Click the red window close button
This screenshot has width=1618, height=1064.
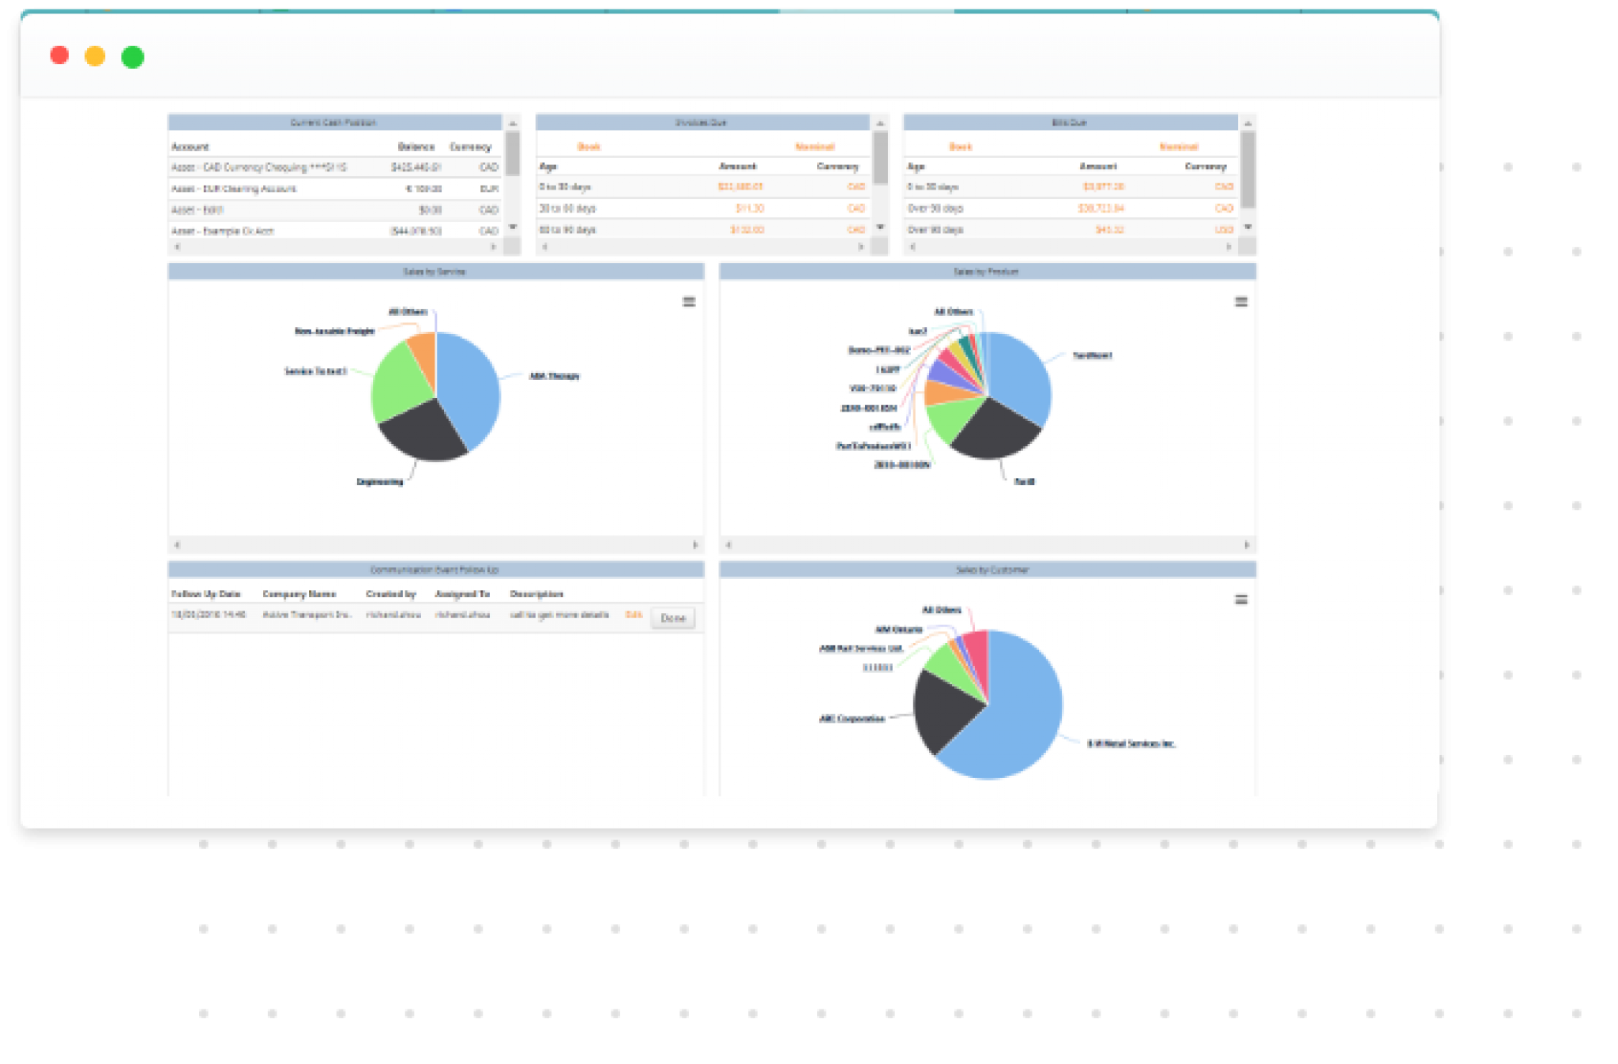tap(59, 55)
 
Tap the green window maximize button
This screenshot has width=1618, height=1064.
tap(133, 57)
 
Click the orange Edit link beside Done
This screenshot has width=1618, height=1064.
tap(634, 615)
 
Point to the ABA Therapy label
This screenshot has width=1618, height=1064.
tap(554, 376)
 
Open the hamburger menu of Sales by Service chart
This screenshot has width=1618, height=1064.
tap(689, 302)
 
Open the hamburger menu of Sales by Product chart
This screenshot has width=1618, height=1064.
tap(1241, 302)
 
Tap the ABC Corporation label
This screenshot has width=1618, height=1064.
tap(852, 719)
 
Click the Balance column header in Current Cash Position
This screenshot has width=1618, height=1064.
tap(416, 147)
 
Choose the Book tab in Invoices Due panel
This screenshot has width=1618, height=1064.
tap(589, 147)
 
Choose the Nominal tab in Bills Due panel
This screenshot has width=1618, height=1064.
tap(1179, 147)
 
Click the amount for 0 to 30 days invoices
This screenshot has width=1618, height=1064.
tap(739, 187)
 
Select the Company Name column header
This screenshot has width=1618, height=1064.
tap(299, 594)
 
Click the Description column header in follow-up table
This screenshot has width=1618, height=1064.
tap(536, 594)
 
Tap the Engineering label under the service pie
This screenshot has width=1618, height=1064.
tap(380, 482)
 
